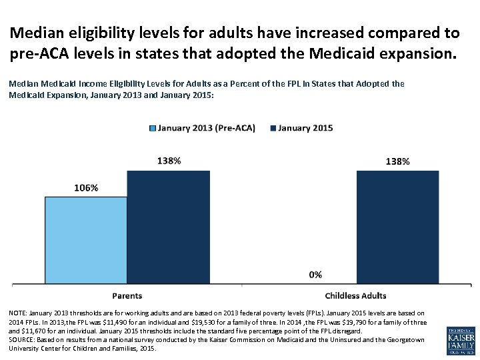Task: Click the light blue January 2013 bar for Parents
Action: (x=85, y=240)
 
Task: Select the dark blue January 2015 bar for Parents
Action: (x=168, y=227)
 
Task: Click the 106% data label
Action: (x=85, y=188)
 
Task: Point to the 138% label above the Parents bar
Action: (x=169, y=161)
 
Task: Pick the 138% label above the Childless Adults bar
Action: (x=397, y=161)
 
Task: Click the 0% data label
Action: (x=315, y=274)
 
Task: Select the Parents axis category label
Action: (x=127, y=295)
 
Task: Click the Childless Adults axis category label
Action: (x=355, y=295)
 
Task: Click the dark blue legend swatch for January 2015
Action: (x=271, y=128)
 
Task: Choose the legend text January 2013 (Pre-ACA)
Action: (x=206, y=128)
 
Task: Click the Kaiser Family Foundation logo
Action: (x=461, y=340)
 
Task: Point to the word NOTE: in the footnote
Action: (x=18, y=313)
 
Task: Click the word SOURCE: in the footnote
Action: (x=22, y=339)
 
